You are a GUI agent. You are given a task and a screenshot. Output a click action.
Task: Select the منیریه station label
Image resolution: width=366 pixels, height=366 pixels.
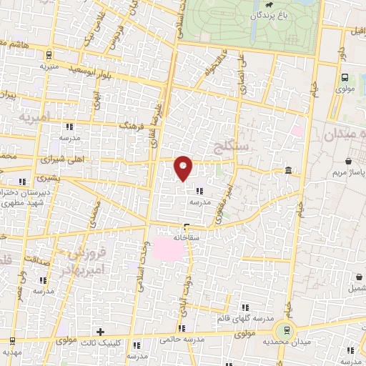pyautogui.click(x=48, y=66)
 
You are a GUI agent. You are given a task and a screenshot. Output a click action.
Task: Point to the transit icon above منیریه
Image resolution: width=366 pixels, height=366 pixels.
pyautogui.click(x=47, y=56)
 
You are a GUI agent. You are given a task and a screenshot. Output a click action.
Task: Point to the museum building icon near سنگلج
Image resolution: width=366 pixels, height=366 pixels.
pyautogui.click(x=287, y=170)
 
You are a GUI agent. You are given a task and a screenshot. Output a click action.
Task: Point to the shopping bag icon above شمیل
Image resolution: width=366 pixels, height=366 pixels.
pyautogui.click(x=357, y=278)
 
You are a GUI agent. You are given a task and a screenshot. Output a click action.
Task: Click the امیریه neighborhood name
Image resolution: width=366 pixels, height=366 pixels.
pyautogui.click(x=35, y=114)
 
